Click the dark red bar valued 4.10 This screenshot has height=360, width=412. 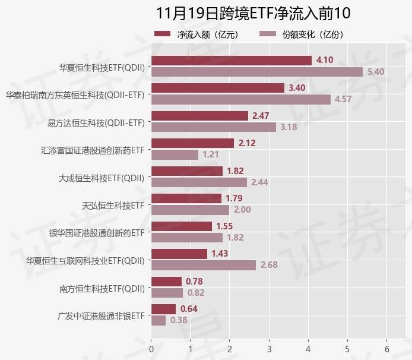click(232, 61)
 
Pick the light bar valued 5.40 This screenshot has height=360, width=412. click(257, 72)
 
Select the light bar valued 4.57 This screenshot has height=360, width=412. click(241, 99)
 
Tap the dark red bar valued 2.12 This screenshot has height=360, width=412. click(193, 143)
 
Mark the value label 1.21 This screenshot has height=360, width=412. click(211, 154)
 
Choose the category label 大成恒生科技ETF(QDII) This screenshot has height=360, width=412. click(102, 176)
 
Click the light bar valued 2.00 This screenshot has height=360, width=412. click(191, 210)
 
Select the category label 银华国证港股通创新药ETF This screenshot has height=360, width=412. click(97, 232)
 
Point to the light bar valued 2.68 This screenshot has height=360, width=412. click(204, 265)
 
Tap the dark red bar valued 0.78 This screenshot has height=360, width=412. click(167, 281)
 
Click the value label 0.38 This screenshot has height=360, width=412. click(179, 320)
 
